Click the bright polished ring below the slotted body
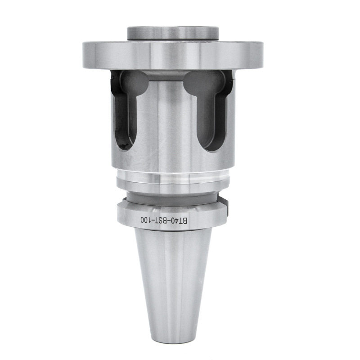(173, 180)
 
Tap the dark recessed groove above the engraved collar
(173, 196)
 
